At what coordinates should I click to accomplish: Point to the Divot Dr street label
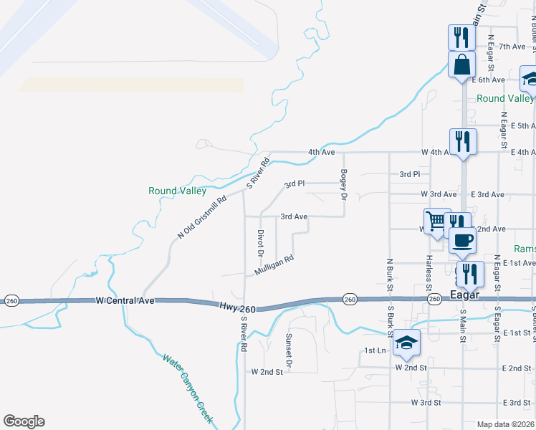260,243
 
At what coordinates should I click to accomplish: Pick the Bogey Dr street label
344,184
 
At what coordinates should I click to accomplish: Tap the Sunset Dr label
289,350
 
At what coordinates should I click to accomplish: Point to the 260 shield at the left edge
11,300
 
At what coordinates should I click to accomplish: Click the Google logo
24,421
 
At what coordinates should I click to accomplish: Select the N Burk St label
389,274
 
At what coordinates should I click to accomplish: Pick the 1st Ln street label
375,350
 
